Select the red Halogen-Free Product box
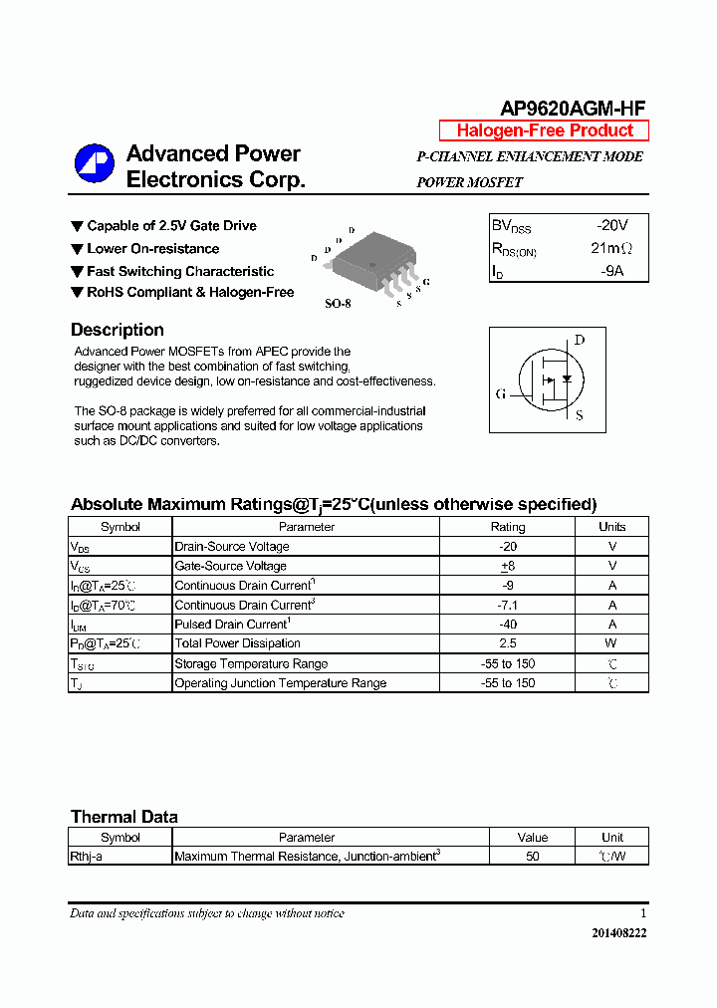click(x=544, y=131)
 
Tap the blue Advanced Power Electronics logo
click(x=95, y=165)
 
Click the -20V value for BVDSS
click(x=611, y=226)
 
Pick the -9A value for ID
click(x=611, y=271)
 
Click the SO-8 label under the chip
click(x=338, y=303)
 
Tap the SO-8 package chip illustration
click(x=369, y=262)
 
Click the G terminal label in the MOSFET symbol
click(x=501, y=393)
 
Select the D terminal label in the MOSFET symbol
click(x=580, y=341)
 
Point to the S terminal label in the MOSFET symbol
click(x=580, y=415)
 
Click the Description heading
click(x=118, y=330)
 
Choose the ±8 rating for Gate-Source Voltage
click(x=508, y=566)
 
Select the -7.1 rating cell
click(x=508, y=605)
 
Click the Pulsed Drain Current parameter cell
click(x=232, y=625)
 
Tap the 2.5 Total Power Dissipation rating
click(x=508, y=643)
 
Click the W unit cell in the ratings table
click(x=612, y=643)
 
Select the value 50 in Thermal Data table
click(x=533, y=857)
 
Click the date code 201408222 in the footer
click(x=618, y=933)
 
